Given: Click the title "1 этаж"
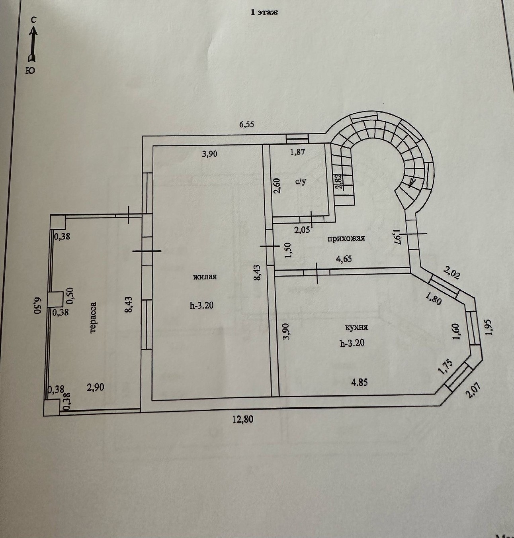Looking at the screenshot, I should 264,12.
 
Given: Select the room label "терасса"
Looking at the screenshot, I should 93,317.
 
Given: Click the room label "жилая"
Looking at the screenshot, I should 205,277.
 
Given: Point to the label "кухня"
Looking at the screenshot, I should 356,328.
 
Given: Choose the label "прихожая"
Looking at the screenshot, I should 346,239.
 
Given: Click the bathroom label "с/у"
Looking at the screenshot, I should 301,182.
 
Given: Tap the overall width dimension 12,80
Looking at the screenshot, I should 243,419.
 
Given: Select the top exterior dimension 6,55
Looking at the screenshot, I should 246,124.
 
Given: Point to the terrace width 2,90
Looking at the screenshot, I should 96,387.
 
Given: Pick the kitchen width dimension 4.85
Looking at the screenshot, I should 359,382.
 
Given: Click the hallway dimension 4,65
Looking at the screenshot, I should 344,259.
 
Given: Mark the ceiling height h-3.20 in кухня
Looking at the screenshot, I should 352,343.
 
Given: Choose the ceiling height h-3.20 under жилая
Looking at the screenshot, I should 202,306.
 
